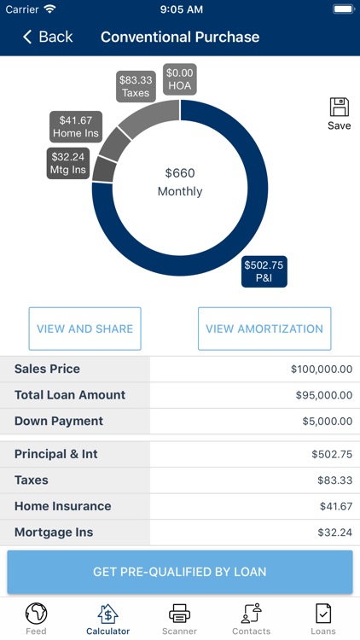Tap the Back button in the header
pyautogui.click(x=48, y=37)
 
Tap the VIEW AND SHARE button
pyautogui.click(x=84, y=329)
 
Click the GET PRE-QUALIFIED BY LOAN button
pyautogui.click(x=180, y=572)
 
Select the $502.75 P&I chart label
pyautogui.click(x=264, y=271)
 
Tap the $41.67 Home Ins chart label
pyautogui.click(x=77, y=127)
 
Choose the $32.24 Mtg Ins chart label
pyautogui.click(x=68, y=164)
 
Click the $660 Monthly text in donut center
pyautogui.click(x=180, y=182)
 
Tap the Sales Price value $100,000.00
pyautogui.click(x=321, y=369)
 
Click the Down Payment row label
pyautogui.click(x=59, y=421)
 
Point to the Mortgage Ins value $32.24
pyautogui.click(x=332, y=532)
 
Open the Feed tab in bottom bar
pyautogui.click(x=36, y=618)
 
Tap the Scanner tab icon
pyautogui.click(x=179, y=614)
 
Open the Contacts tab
pyautogui.click(x=251, y=618)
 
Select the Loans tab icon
pyautogui.click(x=323, y=614)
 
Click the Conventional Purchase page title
pyautogui.click(x=180, y=37)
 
